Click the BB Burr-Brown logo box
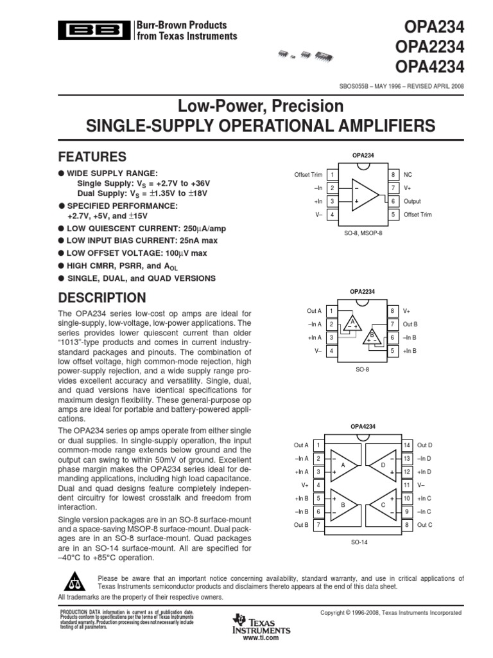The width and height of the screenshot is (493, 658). [94, 30]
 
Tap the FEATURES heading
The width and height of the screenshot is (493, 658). [92, 157]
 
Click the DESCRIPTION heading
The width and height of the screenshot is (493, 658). [102, 298]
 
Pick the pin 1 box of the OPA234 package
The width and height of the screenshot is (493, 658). [332, 175]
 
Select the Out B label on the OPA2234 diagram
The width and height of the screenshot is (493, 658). [410, 324]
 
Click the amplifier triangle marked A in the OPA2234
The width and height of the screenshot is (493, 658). [351, 324]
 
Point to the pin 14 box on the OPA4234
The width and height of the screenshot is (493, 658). [406, 445]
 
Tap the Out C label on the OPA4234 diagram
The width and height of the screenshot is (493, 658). [424, 525]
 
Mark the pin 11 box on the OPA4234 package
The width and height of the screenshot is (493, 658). [406, 485]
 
